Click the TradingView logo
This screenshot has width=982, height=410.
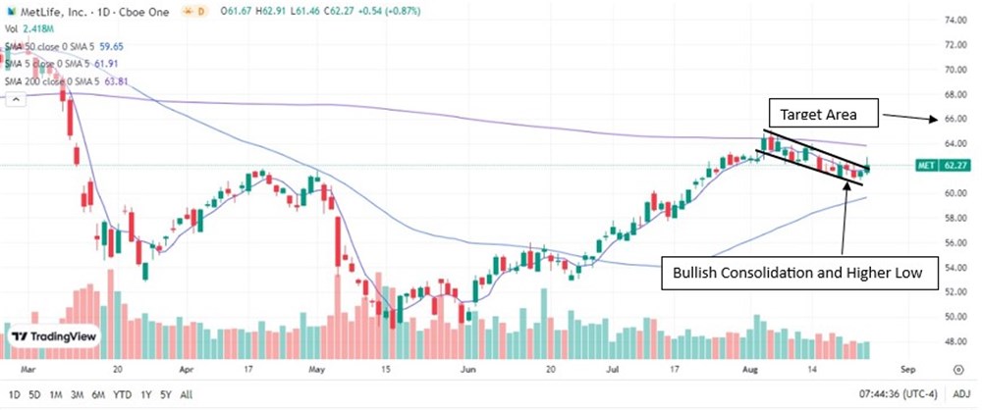point(54,336)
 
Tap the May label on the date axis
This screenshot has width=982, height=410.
point(315,372)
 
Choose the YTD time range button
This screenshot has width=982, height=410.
point(123,394)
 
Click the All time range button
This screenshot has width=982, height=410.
point(187,394)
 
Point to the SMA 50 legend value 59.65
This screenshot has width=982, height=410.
point(110,45)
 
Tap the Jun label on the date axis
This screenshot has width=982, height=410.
point(468,372)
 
